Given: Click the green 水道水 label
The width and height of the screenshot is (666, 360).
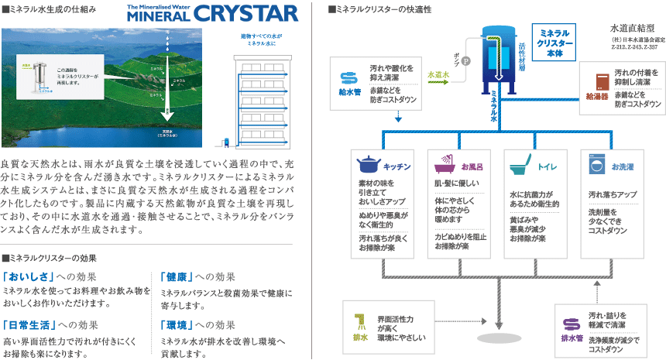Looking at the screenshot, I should click(440, 74).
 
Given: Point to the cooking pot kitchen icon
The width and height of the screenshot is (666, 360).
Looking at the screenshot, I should click(368, 166).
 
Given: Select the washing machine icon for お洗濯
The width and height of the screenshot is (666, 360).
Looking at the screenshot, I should click(594, 166).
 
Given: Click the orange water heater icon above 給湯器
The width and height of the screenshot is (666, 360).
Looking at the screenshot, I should click(599, 82).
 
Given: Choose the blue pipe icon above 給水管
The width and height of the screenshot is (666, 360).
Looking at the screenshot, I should click(349, 78).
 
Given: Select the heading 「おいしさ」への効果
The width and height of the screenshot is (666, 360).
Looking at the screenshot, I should click(50, 276).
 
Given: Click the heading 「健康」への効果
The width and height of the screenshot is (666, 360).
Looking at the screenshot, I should click(199, 276).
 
